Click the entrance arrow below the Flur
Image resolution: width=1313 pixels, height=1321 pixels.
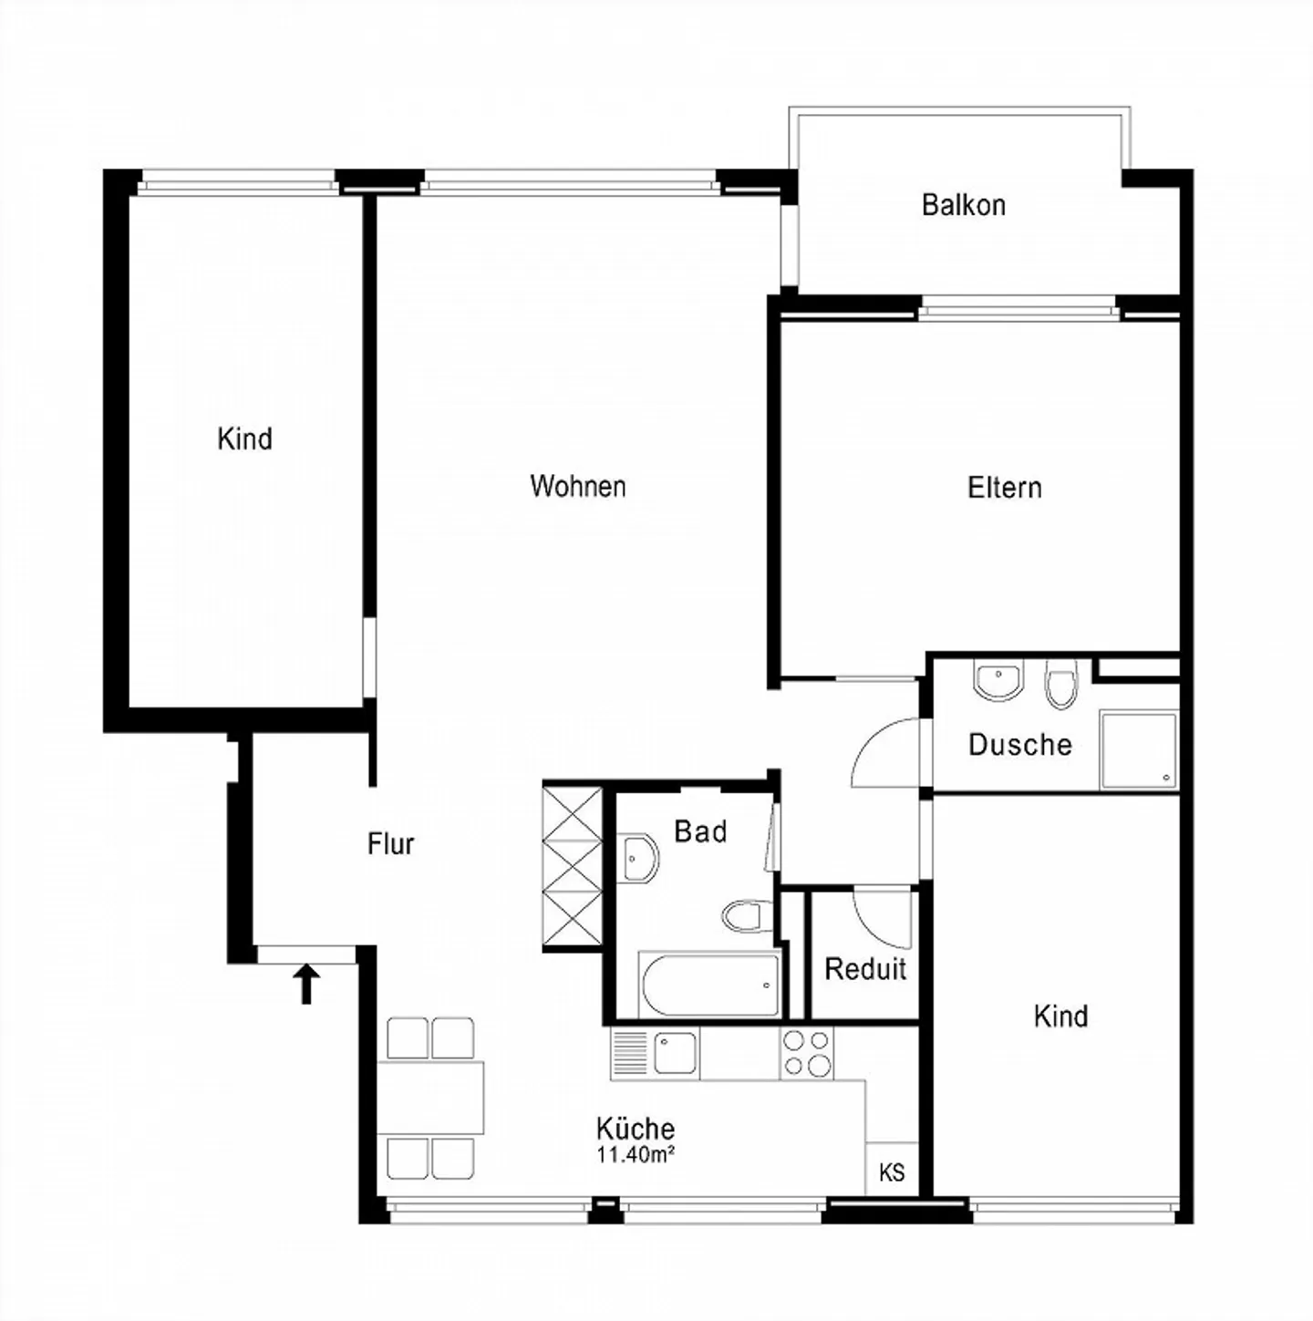pos(306,985)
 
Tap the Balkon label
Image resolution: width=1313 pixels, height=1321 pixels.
pos(964,205)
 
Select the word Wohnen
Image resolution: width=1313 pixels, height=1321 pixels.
pos(578,486)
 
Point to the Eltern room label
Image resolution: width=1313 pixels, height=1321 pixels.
pos(1005,488)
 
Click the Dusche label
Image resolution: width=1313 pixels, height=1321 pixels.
pos(1020,745)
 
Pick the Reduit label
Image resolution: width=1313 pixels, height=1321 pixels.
pos(865,968)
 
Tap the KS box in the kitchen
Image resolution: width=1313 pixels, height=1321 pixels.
pos(892,1172)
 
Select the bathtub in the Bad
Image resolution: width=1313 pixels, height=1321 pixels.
pos(709,985)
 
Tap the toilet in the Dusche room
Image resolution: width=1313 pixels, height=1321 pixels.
pos(1060,684)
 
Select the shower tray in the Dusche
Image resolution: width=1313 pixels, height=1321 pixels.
pos(1139,750)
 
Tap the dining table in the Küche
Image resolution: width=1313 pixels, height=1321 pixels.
pos(430,1098)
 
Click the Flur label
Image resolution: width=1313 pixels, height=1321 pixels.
pos(391,844)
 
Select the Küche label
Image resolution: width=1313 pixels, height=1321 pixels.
pos(636,1128)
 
